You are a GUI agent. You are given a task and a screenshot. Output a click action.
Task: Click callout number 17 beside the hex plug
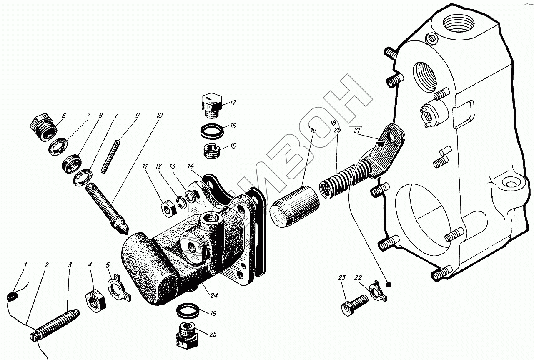coord(233,103)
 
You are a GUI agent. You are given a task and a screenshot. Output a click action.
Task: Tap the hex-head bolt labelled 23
coord(355,304)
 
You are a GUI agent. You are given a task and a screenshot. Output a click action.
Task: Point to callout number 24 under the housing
coord(214,296)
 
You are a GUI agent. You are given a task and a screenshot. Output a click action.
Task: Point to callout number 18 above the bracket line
coord(332,123)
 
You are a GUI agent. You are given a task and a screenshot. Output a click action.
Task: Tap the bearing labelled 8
coord(73,163)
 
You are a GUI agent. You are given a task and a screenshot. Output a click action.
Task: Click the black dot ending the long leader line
coord(389,284)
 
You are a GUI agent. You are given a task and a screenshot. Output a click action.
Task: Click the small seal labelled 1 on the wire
coord(12,296)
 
